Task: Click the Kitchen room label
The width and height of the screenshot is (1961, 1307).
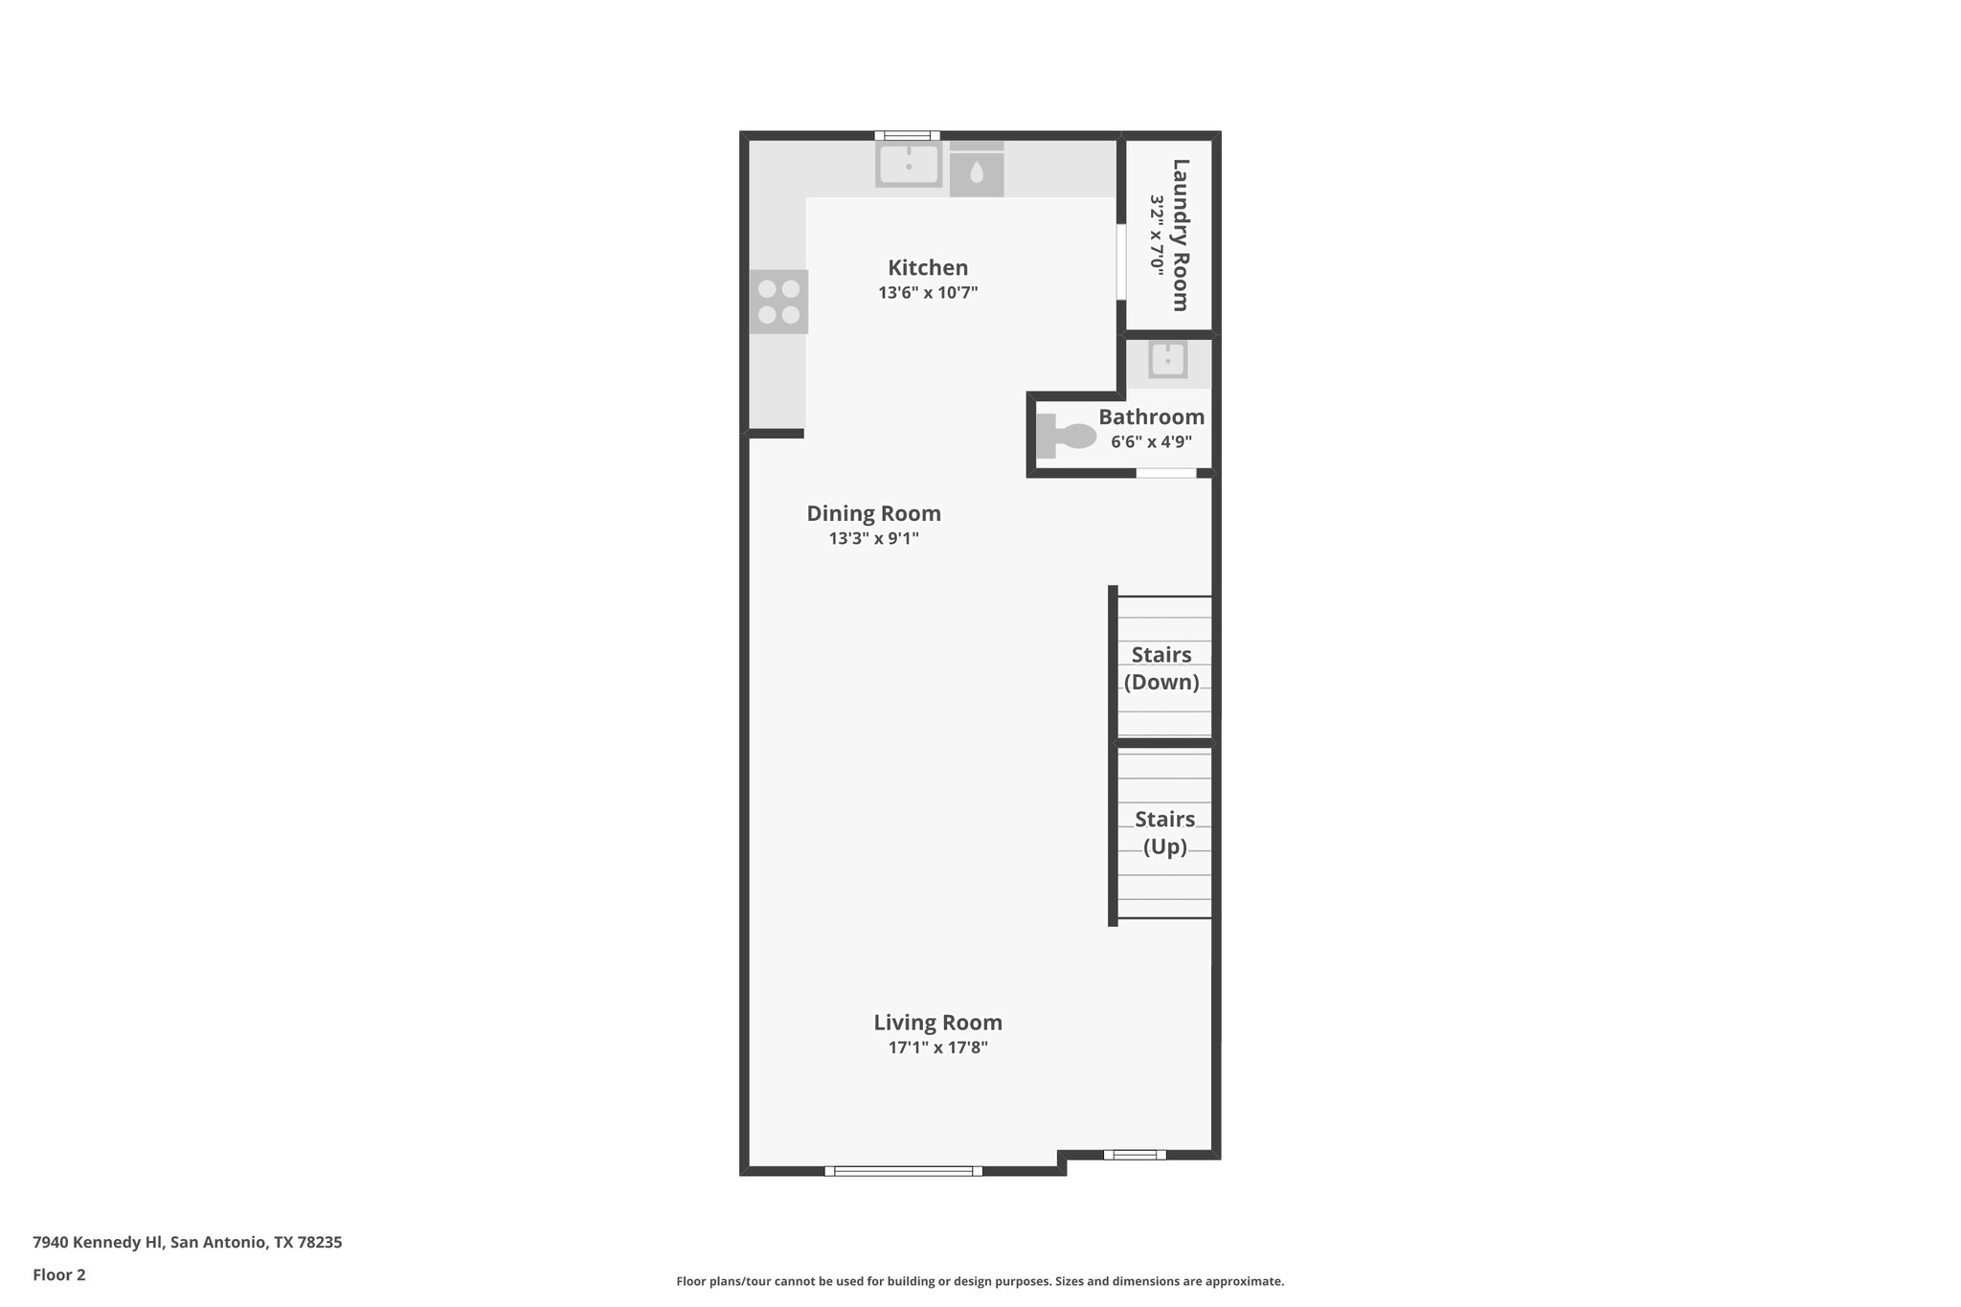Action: (x=927, y=268)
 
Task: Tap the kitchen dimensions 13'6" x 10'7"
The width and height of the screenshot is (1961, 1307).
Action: (x=927, y=293)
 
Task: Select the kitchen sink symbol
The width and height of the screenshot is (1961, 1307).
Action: (x=909, y=165)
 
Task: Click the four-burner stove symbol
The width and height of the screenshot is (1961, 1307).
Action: (x=778, y=302)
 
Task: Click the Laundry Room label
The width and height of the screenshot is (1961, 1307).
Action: (x=1181, y=235)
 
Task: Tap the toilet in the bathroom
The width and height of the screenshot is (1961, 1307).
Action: (x=1066, y=437)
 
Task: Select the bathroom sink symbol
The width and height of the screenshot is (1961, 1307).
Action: (x=1167, y=360)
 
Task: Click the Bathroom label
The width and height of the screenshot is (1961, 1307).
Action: (x=1151, y=417)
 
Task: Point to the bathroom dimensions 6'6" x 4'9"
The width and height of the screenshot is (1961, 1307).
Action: (x=1151, y=442)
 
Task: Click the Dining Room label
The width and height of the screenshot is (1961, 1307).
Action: (x=873, y=513)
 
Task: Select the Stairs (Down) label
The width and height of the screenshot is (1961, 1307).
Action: (x=1161, y=668)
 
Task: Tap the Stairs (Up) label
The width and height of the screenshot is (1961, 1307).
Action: (x=1164, y=833)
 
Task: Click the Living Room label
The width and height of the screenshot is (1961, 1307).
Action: (x=937, y=1023)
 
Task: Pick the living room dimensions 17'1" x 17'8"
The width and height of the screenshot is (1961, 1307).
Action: (x=937, y=1048)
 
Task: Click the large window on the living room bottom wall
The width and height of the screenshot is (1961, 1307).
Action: (x=903, y=1170)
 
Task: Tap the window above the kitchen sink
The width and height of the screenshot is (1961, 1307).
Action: (x=907, y=136)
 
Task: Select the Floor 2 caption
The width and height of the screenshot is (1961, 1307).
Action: (x=59, y=1274)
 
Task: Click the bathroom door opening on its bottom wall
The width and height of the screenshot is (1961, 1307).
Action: (x=1165, y=473)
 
